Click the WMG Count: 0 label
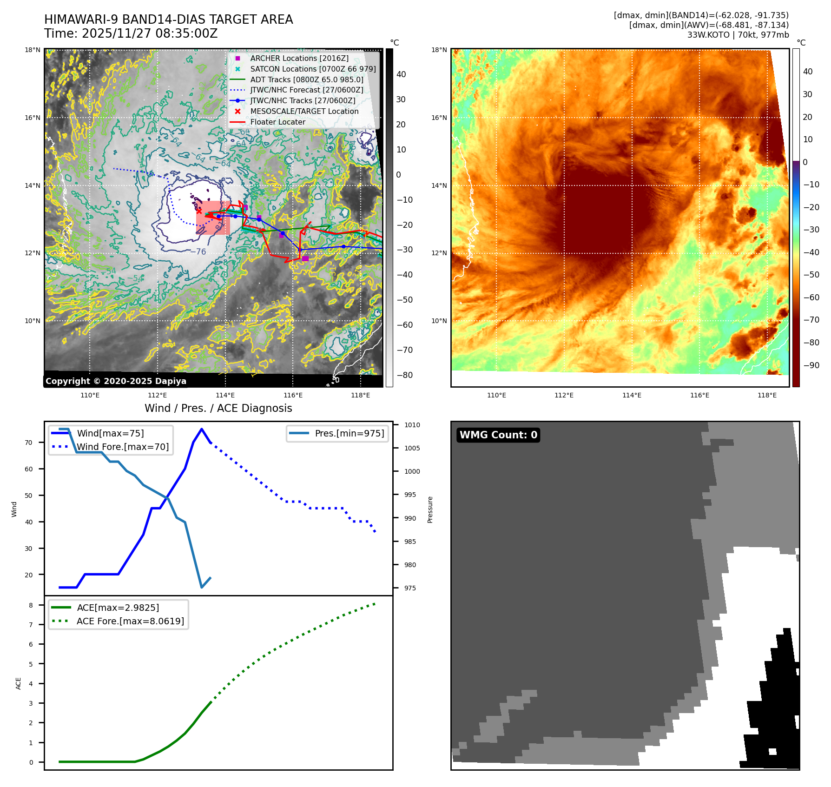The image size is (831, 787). (498, 435)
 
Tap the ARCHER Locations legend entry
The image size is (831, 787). (299, 58)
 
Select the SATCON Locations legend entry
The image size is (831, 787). (312, 69)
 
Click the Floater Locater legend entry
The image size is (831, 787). (277, 122)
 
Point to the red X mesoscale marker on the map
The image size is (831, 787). (199, 211)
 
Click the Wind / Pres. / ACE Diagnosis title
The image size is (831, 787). (218, 408)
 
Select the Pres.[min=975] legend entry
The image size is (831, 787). (349, 433)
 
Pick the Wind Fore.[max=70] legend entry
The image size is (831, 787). (122, 447)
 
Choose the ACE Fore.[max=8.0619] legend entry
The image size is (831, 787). (130, 621)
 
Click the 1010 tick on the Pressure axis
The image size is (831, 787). (412, 425)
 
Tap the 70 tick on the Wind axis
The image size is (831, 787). (29, 443)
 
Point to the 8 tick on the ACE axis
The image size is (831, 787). (31, 605)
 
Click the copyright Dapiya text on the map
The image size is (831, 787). (116, 381)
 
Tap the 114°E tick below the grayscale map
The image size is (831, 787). (225, 396)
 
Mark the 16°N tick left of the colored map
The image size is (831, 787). (439, 118)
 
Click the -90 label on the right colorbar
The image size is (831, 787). (811, 365)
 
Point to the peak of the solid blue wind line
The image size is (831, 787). (201, 429)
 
